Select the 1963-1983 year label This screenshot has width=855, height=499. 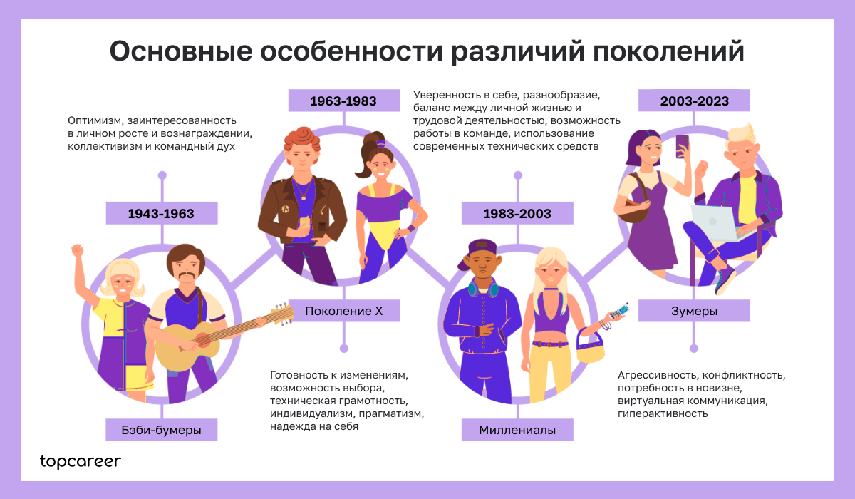343,101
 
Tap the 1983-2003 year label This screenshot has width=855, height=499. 517,213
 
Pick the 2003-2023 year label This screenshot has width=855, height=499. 694,101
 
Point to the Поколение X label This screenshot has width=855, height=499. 344,311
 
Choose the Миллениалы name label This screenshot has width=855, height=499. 517,430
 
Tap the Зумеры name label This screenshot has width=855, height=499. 693,311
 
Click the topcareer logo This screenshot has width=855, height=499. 81,461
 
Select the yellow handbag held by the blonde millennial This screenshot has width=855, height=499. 589,349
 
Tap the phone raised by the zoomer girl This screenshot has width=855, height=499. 682,145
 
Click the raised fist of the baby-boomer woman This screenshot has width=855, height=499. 77,251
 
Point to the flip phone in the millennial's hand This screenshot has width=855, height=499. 621,311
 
